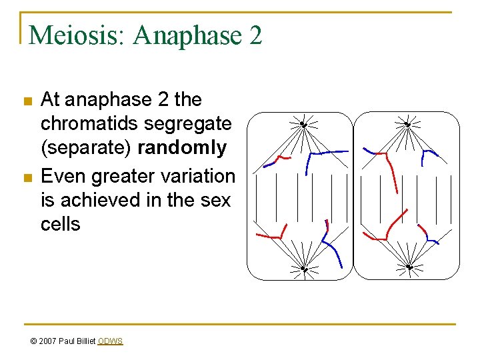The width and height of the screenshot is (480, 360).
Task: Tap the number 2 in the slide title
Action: (x=255, y=35)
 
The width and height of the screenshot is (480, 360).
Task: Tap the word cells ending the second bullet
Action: (x=60, y=224)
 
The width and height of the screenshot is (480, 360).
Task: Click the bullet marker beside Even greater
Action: (x=27, y=178)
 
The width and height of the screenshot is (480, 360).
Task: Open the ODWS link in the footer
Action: (x=110, y=341)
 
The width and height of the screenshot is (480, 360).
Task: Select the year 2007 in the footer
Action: (x=48, y=341)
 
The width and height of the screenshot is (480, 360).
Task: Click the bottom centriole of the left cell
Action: (x=303, y=269)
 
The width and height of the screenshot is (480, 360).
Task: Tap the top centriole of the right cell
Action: (x=407, y=124)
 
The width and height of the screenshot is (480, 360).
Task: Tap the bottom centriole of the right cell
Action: (x=409, y=268)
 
